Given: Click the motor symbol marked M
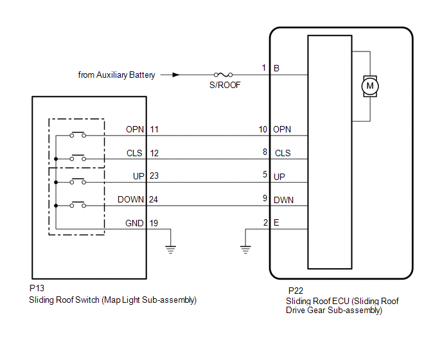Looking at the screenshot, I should click(x=369, y=85).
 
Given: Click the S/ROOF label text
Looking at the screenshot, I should click(x=225, y=85).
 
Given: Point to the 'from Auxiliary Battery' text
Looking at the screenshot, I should click(x=117, y=75).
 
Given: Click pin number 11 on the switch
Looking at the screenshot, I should click(x=154, y=129).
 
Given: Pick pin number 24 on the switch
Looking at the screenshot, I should click(x=154, y=199).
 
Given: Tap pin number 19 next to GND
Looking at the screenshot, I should click(x=154, y=222).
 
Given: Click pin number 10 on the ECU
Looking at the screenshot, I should click(x=263, y=129).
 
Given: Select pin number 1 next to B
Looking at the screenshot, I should click(x=263, y=67).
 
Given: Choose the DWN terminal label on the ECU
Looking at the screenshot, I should click(x=283, y=199).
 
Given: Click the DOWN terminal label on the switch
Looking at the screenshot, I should click(x=131, y=199).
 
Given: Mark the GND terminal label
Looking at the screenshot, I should click(x=134, y=222).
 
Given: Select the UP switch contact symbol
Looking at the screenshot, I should click(x=78, y=181).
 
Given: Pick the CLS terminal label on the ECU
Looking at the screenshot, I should click(x=283, y=153).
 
